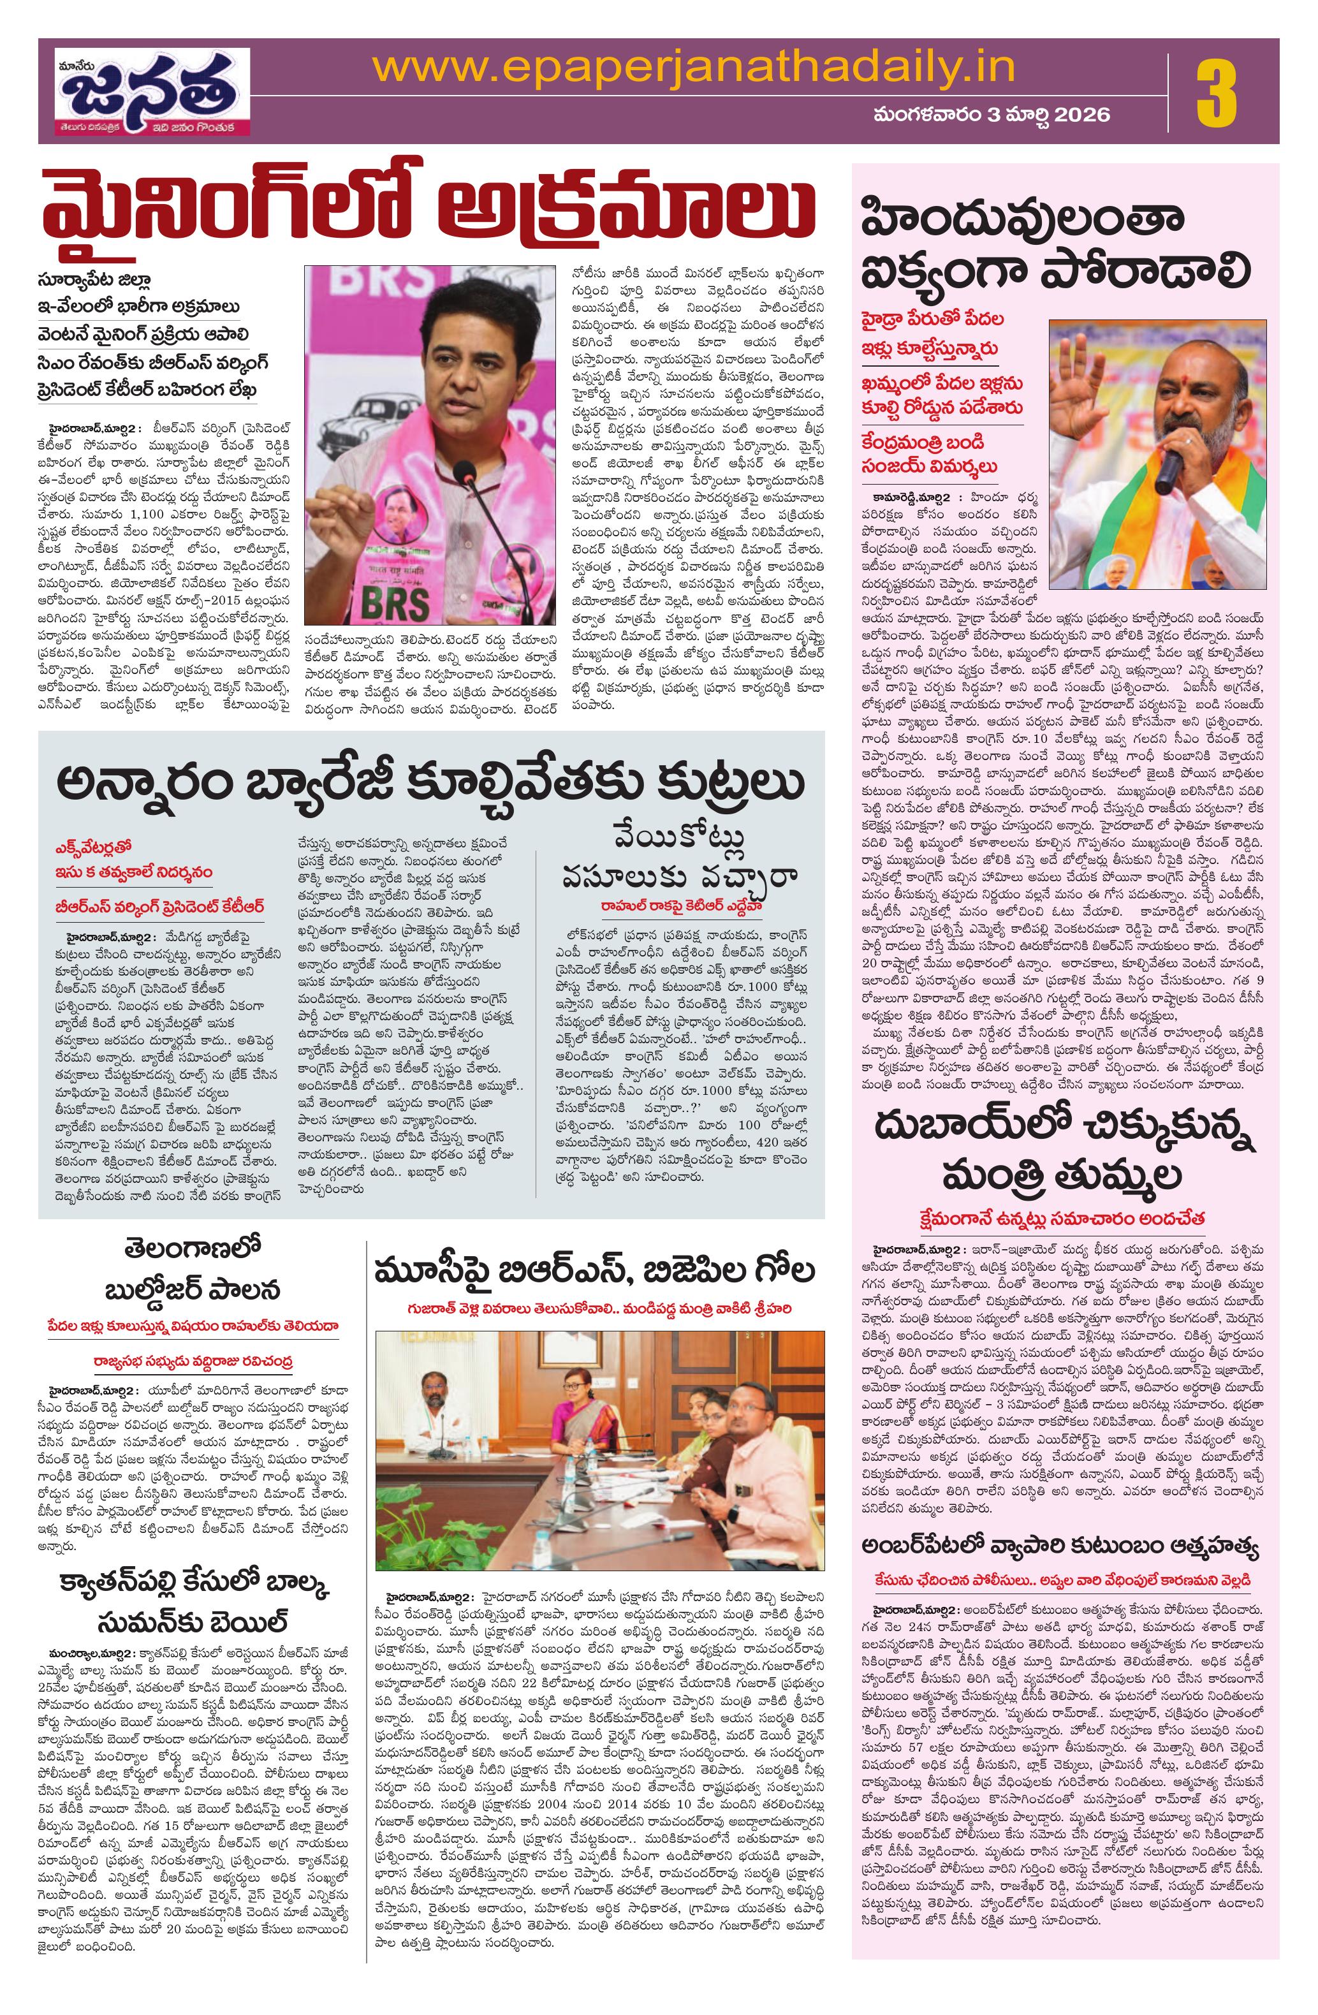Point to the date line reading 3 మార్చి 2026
992,114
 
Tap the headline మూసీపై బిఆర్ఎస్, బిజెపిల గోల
595,1271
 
